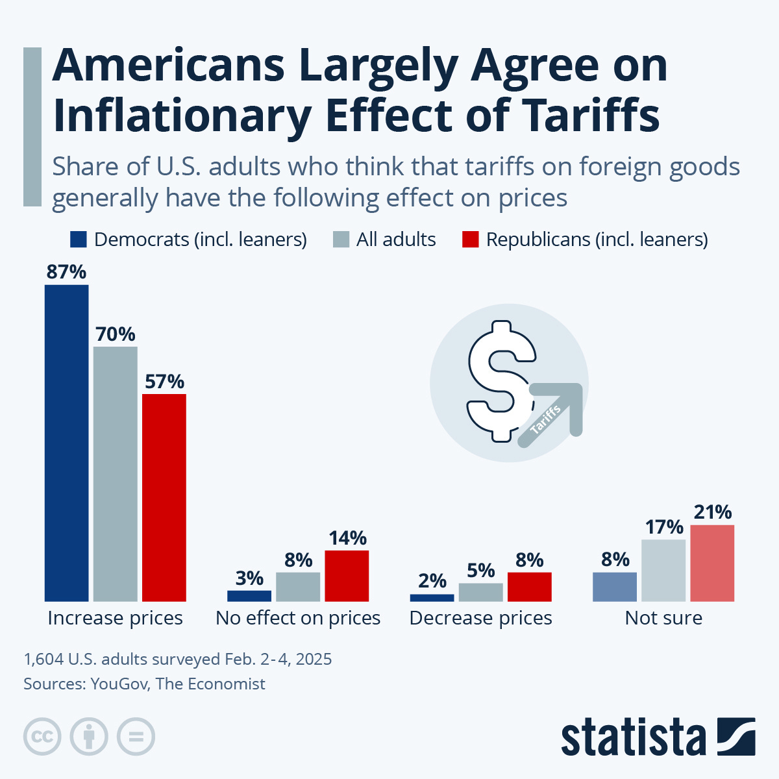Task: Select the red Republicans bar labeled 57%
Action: [164, 497]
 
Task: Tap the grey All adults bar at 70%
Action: [116, 474]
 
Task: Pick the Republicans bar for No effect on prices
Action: [347, 576]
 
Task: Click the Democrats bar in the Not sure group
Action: [615, 587]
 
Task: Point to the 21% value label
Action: [713, 512]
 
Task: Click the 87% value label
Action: [66, 272]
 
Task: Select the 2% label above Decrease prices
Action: [432, 581]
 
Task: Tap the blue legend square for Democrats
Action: [78, 240]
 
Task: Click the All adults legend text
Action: [396, 240]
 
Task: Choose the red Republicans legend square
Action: [470, 240]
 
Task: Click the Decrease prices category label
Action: [480, 618]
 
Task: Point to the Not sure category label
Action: [663, 618]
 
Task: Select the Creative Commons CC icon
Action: [42, 737]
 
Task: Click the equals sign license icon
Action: [136, 737]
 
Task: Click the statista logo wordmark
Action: [633, 738]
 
